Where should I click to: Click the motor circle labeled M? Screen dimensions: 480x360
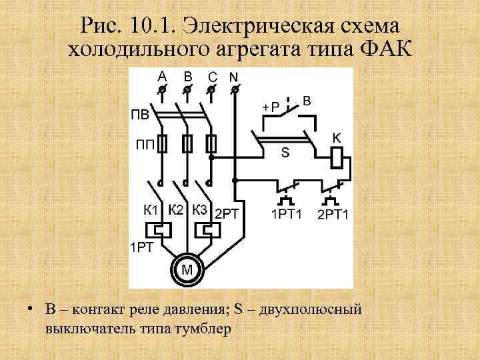coord(187,269)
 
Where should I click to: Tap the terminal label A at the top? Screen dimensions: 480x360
coord(162,75)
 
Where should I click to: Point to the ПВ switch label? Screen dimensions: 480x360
coord(141,115)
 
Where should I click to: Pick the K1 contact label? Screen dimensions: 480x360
coord(152,210)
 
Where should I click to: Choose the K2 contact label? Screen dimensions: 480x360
coord(177,209)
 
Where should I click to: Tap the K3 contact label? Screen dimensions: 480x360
coord(200,209)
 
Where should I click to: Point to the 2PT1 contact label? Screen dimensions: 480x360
coord(333,214)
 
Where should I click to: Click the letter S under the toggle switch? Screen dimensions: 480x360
coord(285,153)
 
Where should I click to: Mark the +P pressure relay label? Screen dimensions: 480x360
coord(270,107)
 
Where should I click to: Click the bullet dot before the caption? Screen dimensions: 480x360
coord(31,310)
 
